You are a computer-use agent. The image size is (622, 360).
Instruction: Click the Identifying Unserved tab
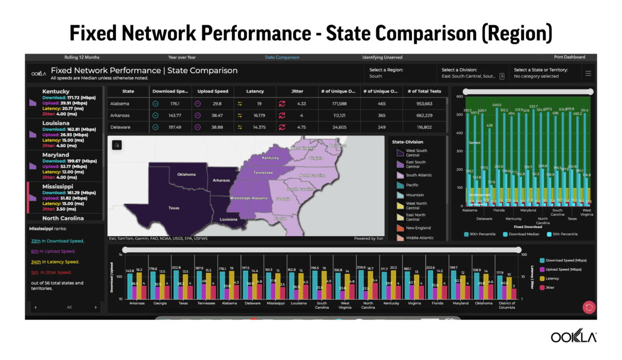(x=382, y=58)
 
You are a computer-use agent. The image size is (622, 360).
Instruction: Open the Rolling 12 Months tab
(x=82, y=58)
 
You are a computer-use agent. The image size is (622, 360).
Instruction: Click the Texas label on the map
(x=174, y=208)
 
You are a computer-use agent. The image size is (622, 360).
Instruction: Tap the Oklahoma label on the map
(x=186, y=174)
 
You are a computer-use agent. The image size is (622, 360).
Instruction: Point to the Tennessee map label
(x=263, y=173)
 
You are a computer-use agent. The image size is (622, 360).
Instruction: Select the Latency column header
(x=255, y=91)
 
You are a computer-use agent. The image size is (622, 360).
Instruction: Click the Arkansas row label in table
(x=120, y=115)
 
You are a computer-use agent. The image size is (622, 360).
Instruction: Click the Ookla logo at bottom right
(x=573, y=337)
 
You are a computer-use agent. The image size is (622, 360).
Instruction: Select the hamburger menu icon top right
(x=588, y=73)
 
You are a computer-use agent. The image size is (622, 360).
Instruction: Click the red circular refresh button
(x=589, y=307)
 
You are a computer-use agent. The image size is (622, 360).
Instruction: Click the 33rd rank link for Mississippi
(x=36, y=241)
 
